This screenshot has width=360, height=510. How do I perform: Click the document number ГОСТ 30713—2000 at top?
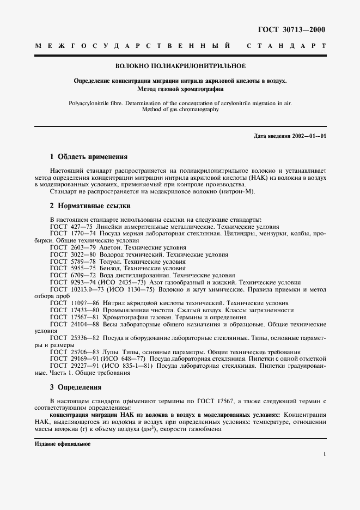(x=292, y=29)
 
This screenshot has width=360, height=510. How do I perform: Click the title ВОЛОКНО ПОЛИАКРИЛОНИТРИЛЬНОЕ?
(x=180, y=66)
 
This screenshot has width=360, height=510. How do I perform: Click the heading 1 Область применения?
(x=88, y=156)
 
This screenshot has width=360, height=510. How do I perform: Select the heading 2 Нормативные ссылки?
(x=90, y=206)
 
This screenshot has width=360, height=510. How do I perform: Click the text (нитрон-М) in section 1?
(x=239, y=191)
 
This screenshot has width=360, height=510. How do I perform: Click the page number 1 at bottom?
(x=325, y=453)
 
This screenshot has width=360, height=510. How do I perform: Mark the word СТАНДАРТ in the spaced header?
(x=286, y=47)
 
